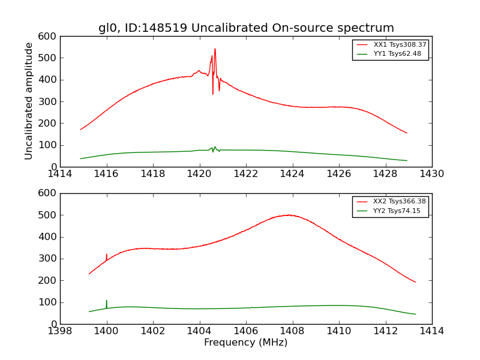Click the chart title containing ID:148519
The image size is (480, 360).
[x=246, y=28]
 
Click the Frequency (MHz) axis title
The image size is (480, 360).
[x=246, y=343]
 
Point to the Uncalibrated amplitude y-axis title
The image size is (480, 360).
[x=29, y=101]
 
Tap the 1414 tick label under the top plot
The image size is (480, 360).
[x=60, y=174]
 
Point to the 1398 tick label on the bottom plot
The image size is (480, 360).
[x=60, y=331]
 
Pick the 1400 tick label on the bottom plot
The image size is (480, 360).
[x=107, y=331]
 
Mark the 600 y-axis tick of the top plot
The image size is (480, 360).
[x=49, y=37]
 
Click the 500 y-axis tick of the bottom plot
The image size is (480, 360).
[x=49, y=215]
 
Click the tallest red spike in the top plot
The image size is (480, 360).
[x=215, y=50]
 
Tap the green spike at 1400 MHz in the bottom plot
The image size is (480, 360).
[x=107, y=301]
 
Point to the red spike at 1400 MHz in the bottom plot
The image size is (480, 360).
[x=107, y=255]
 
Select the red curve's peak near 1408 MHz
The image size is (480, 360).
[x=289, y=215]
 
